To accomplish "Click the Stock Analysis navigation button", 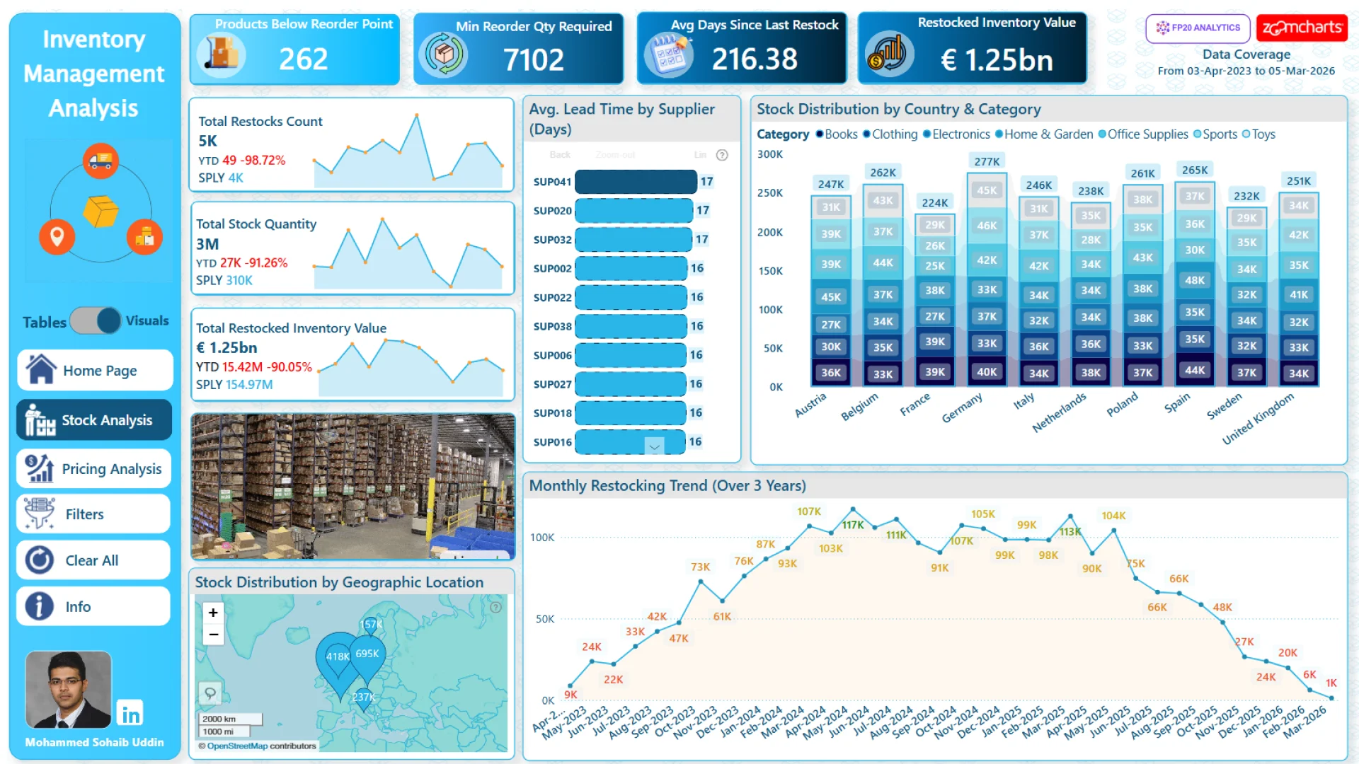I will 94,420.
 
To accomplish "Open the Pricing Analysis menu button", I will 94,469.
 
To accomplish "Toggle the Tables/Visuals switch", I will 96,321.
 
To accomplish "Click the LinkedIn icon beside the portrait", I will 130,714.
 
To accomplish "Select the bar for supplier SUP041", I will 636,182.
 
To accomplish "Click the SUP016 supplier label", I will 552,442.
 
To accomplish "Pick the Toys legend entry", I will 1263,134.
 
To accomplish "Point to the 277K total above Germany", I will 987,162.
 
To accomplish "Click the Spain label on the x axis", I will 1177,403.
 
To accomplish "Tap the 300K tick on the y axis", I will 770,154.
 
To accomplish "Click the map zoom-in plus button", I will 213,613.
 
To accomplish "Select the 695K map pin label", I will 367,654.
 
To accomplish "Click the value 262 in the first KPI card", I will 303,59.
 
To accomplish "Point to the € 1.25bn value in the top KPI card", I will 997,60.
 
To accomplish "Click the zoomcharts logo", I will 1302,28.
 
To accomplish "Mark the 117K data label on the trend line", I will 852,525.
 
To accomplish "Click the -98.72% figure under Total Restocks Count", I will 263,161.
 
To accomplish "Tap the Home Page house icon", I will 41,370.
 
